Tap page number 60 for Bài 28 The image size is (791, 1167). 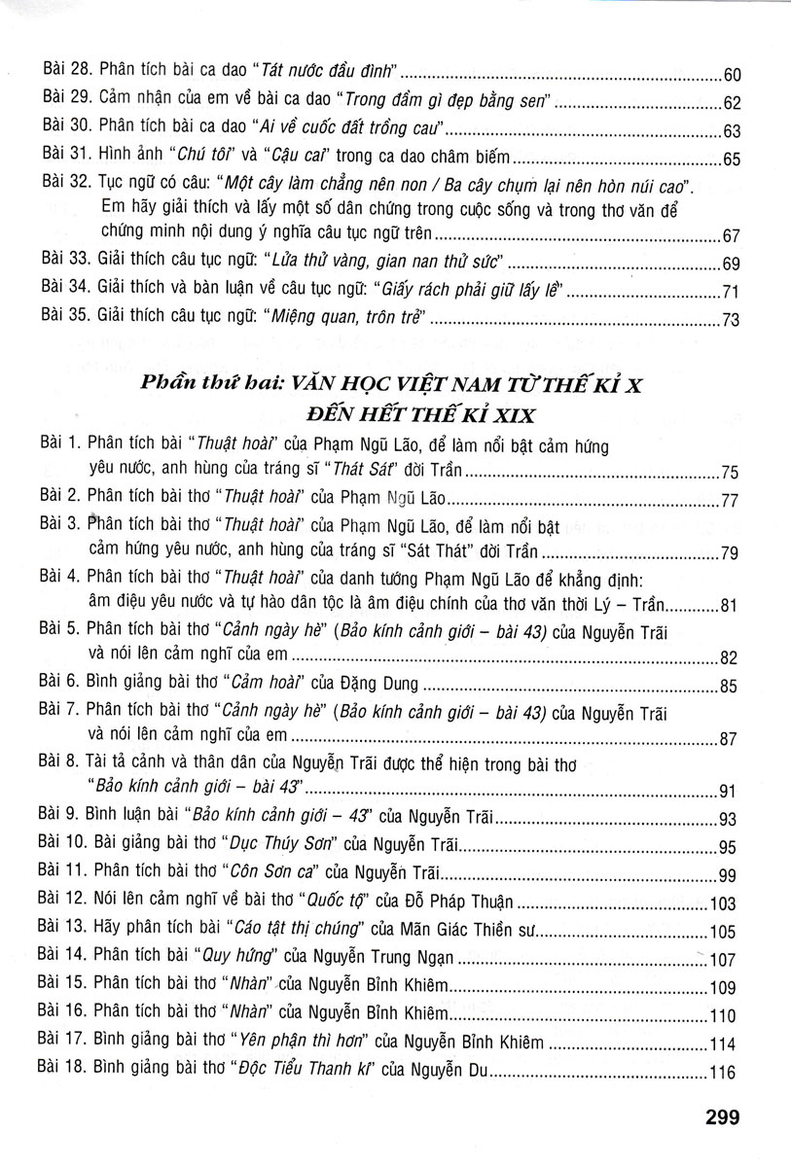point(733,74)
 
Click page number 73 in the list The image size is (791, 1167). point(733,321)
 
